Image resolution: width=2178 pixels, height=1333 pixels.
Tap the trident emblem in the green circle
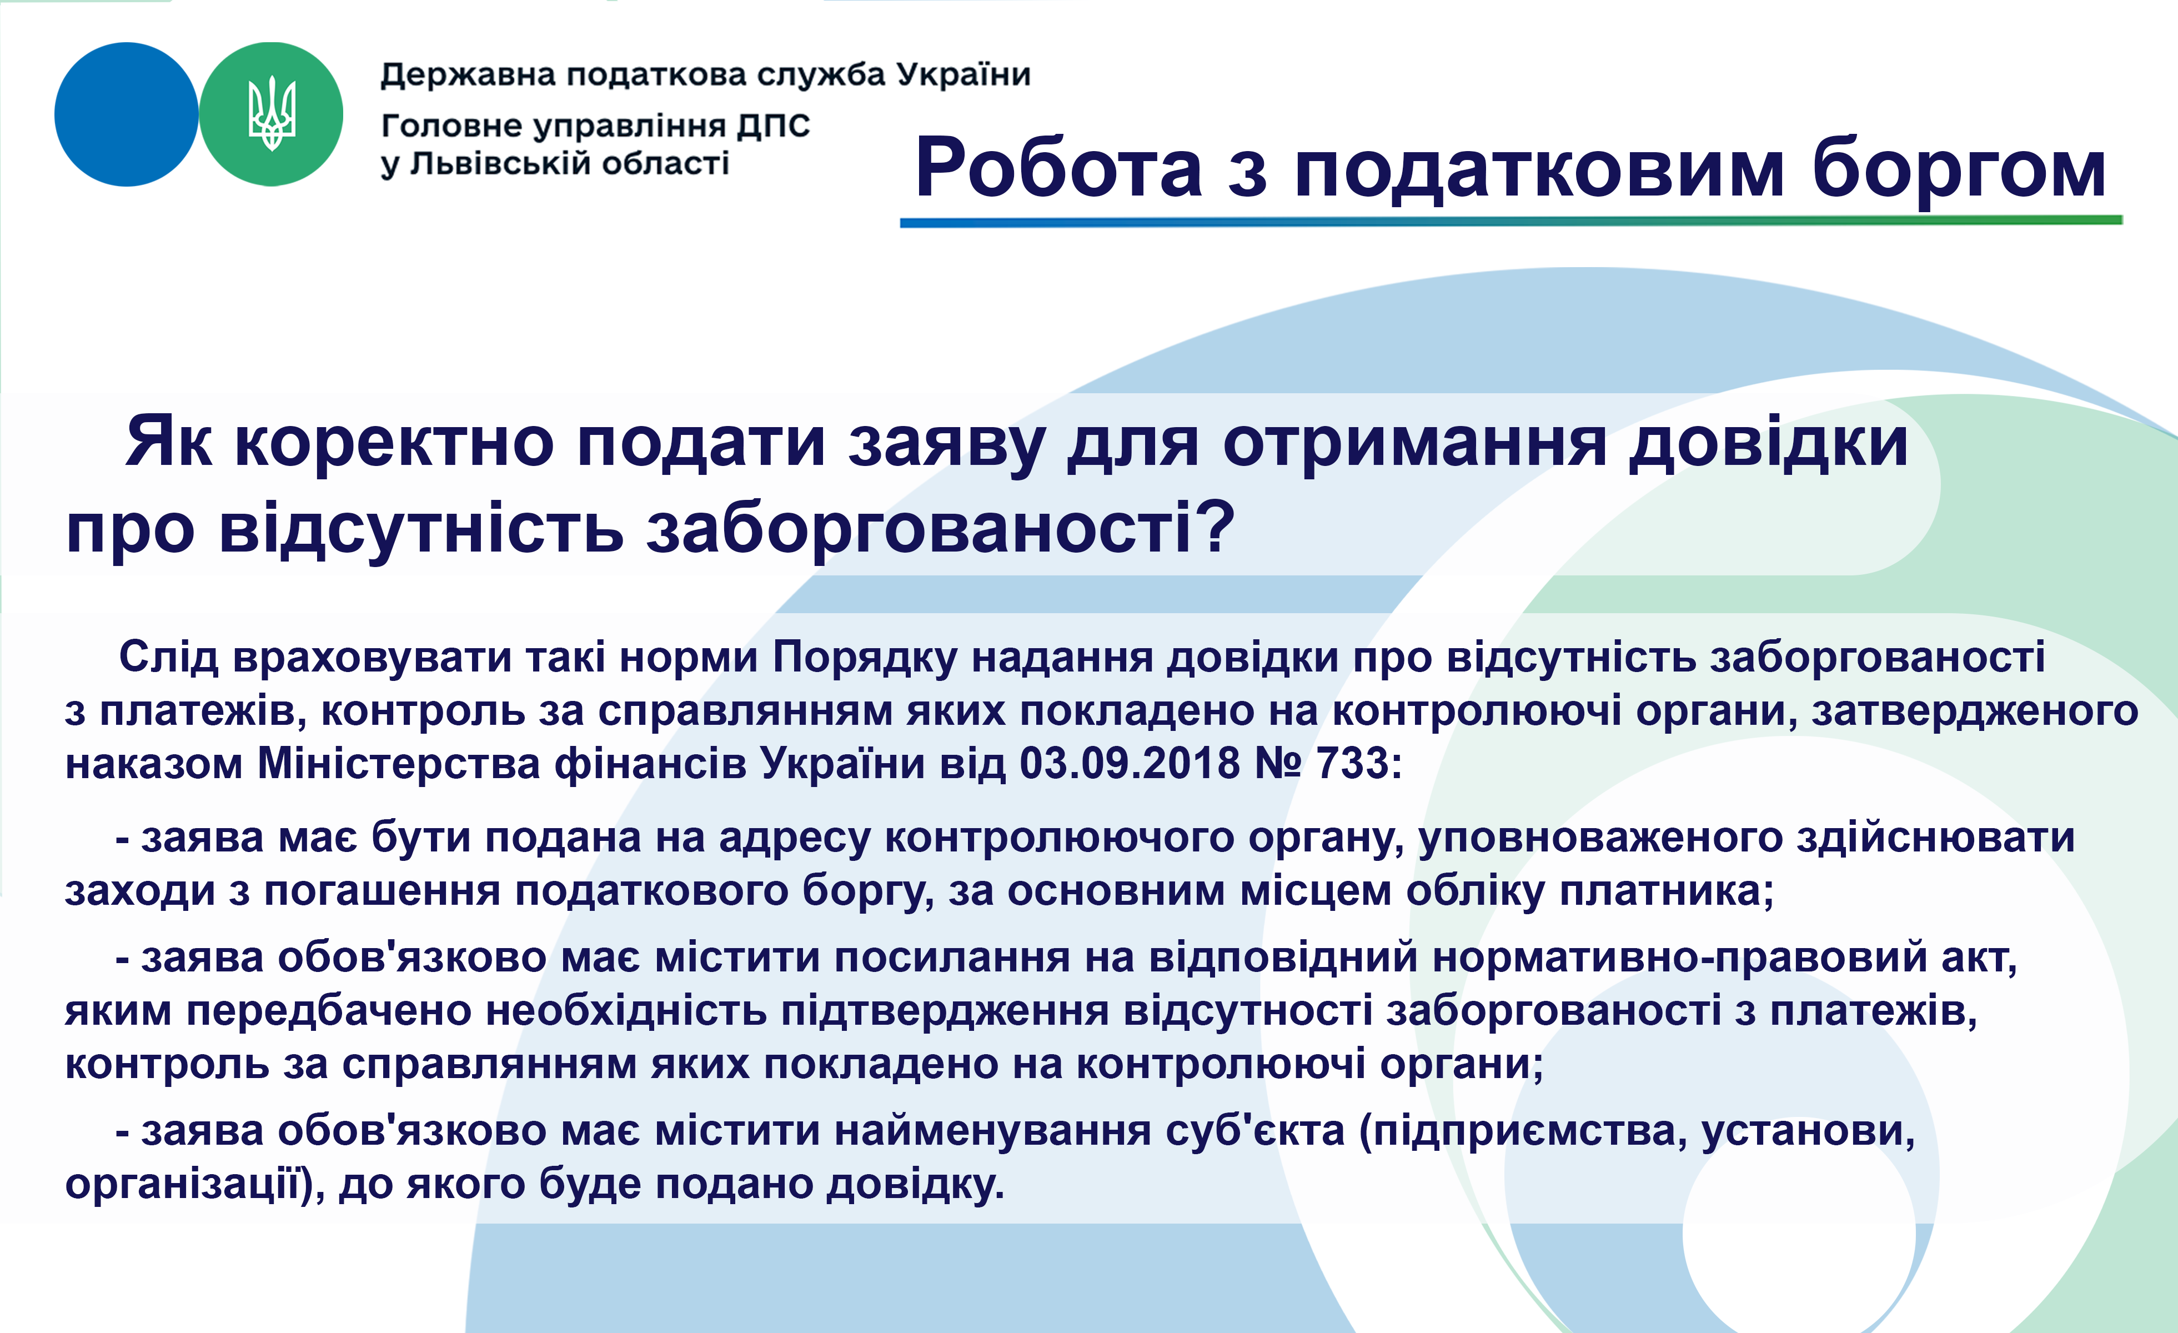[272, 113]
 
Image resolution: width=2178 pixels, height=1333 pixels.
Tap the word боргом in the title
[1959, 170]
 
